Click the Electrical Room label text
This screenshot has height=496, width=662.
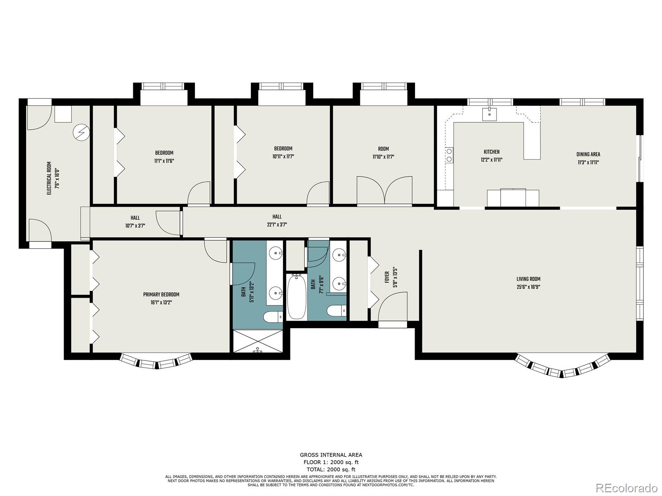(x=49, y=178)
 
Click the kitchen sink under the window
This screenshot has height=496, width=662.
(x=490, y=113)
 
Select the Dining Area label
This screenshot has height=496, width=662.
(x=588, y=155)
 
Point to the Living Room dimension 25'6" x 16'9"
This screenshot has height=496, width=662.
(x=528, y=287)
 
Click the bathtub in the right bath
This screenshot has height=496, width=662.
(x=296, y=296)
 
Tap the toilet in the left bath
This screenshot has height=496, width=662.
(x=273, y=317)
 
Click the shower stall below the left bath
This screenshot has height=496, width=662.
(x=257, y=341)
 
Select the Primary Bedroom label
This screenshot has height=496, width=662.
(x=161, y=295)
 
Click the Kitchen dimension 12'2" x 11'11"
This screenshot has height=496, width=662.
(x=492, y=160)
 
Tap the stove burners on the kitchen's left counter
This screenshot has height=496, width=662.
(x=449, y=155)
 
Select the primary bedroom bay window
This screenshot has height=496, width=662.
(x=156, y=361)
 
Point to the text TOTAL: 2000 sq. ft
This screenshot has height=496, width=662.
(x=331, y=470)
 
